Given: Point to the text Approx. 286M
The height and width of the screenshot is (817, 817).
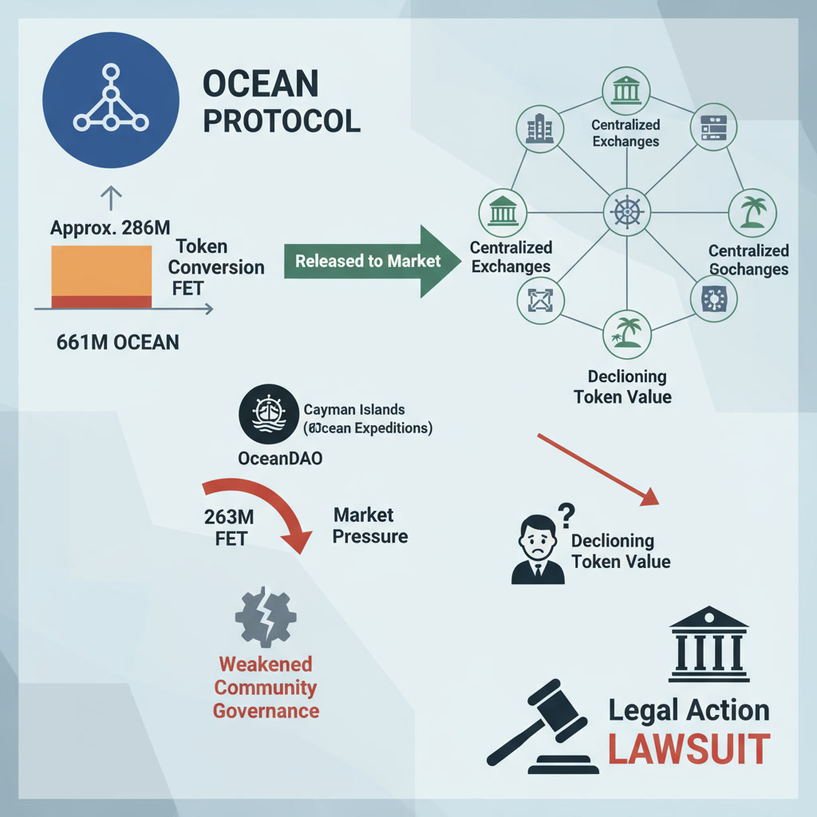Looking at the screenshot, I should [110, 227].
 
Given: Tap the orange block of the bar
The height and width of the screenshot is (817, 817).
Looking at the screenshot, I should [101, 270].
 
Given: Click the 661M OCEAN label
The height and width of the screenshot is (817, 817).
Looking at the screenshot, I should [117, 342].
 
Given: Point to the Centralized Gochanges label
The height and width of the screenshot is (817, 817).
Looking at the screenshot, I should [748, 260].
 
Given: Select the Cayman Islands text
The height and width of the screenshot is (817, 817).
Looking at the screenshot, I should [354, 409].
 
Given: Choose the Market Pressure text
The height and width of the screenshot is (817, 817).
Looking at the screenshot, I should [369, 526].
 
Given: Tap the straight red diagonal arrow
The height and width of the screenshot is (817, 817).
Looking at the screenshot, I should [598, 470].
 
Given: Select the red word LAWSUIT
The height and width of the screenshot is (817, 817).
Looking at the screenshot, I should [689, 749].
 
